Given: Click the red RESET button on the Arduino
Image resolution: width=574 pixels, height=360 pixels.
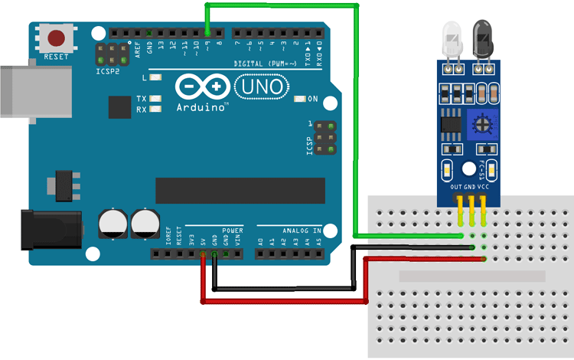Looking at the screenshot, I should point(57,38).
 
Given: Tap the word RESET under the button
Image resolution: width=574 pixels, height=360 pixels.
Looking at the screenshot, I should point(56,57).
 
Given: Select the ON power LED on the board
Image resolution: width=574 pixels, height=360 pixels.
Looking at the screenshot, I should point(298,99).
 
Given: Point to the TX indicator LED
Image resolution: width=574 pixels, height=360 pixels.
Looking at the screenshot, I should point(155,98).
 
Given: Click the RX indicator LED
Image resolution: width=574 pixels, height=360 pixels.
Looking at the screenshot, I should point(155,109).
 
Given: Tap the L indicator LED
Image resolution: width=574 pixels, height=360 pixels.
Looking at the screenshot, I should point(155,77).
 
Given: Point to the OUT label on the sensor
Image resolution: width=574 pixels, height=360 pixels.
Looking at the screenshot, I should point(455,186).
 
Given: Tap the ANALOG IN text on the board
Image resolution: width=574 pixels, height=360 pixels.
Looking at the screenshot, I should point(300,229).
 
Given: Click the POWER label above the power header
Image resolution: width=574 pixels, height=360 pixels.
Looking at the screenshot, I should point(233,230).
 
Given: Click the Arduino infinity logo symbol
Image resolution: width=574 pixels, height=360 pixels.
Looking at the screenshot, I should point(201,86).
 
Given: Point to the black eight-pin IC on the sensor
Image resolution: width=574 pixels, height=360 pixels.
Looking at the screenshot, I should point(451,123).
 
